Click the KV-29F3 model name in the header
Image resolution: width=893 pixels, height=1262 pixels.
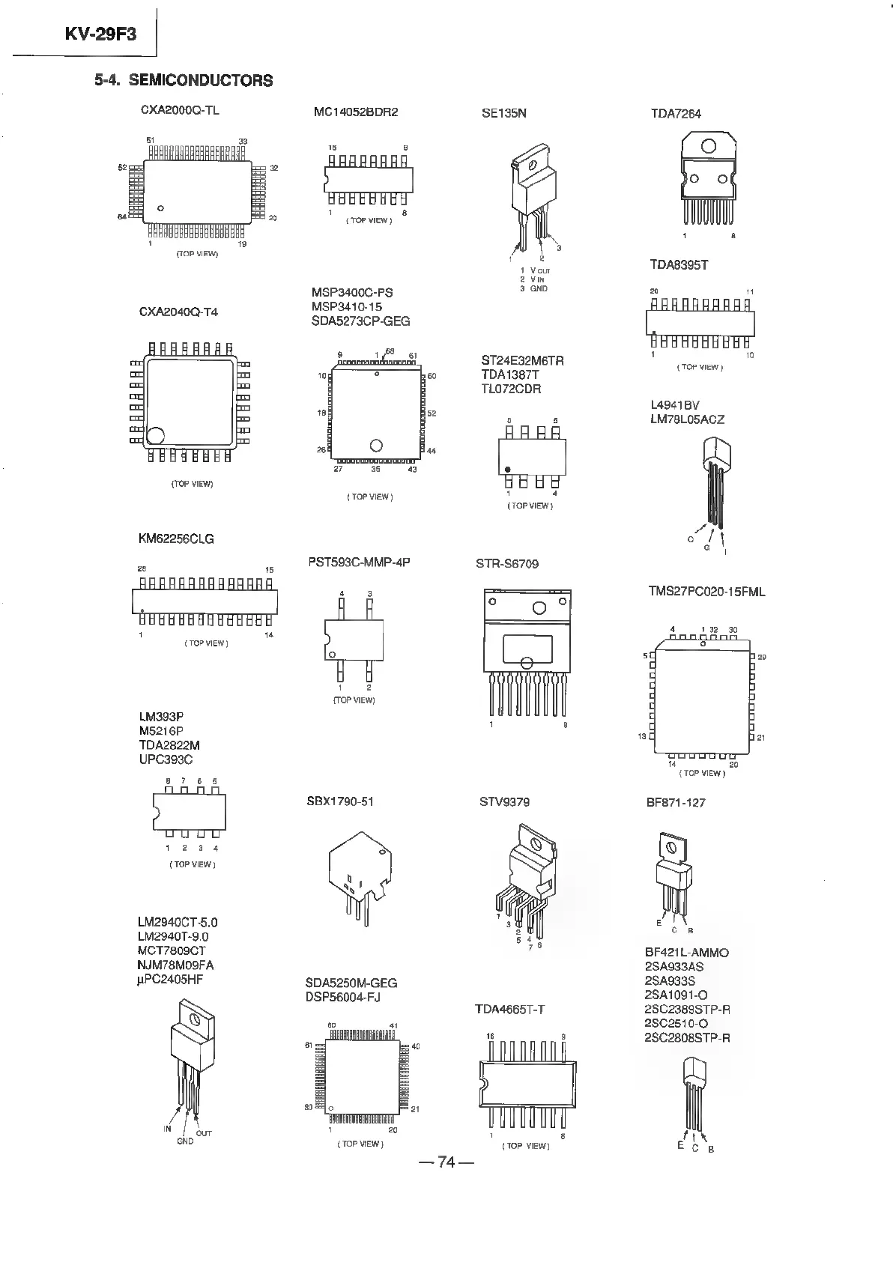100,34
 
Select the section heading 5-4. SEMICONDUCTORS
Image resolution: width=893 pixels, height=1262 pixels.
184,80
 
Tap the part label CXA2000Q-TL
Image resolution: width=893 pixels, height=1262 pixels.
180,110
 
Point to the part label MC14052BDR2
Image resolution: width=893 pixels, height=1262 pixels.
356,112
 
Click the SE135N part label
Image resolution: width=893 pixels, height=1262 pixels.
503,113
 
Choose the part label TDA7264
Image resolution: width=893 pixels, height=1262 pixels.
676,114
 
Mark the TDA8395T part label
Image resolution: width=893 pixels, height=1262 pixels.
679,265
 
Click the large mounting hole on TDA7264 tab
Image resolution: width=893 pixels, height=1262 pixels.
708,147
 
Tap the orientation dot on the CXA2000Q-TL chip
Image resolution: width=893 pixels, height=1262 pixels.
160,208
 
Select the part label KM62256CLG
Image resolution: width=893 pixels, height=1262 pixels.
176,539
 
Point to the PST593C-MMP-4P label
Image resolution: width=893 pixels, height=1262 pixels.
359,562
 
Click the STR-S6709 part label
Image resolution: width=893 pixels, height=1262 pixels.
507,563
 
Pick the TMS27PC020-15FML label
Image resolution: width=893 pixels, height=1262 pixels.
706,592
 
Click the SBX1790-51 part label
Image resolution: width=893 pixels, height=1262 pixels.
339,801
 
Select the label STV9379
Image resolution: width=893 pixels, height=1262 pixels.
504,801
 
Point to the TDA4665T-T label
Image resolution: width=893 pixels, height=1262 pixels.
509,1010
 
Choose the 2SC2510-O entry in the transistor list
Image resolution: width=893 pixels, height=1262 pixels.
676,1023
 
